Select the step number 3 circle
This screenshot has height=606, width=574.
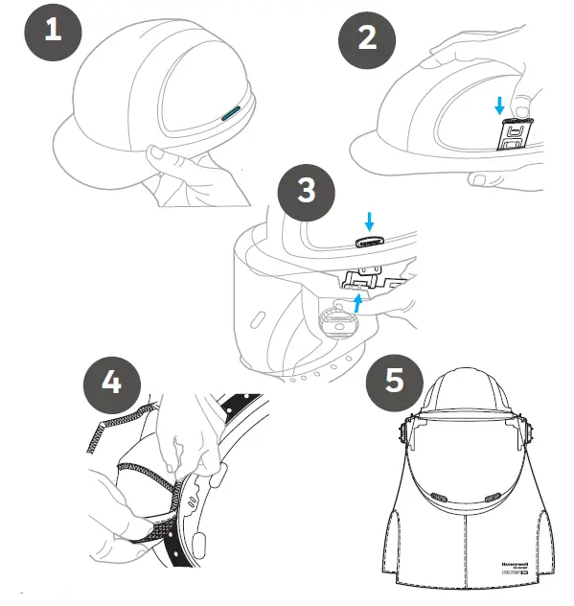[306, 189]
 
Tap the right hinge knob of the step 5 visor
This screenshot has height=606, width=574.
[524, 437]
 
